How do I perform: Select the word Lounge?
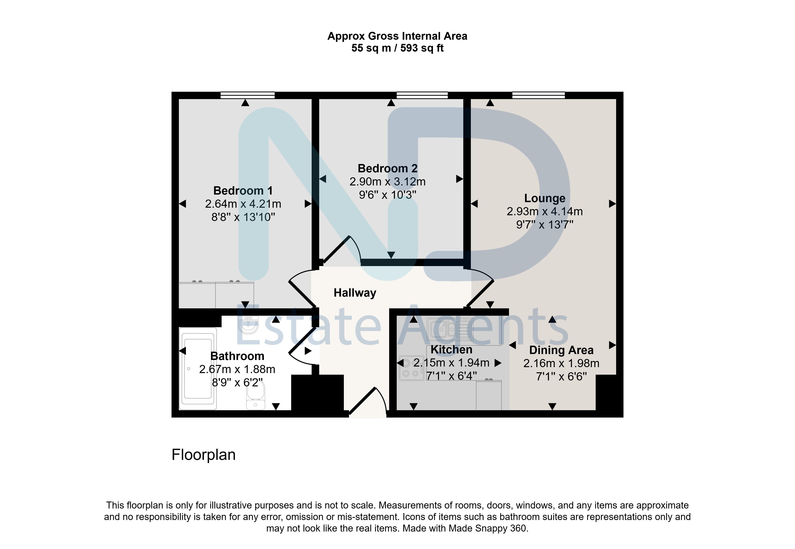545,199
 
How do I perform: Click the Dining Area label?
561,350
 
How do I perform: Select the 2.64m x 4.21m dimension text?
243,204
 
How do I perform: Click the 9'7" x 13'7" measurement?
545,225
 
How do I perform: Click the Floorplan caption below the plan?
204,455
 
